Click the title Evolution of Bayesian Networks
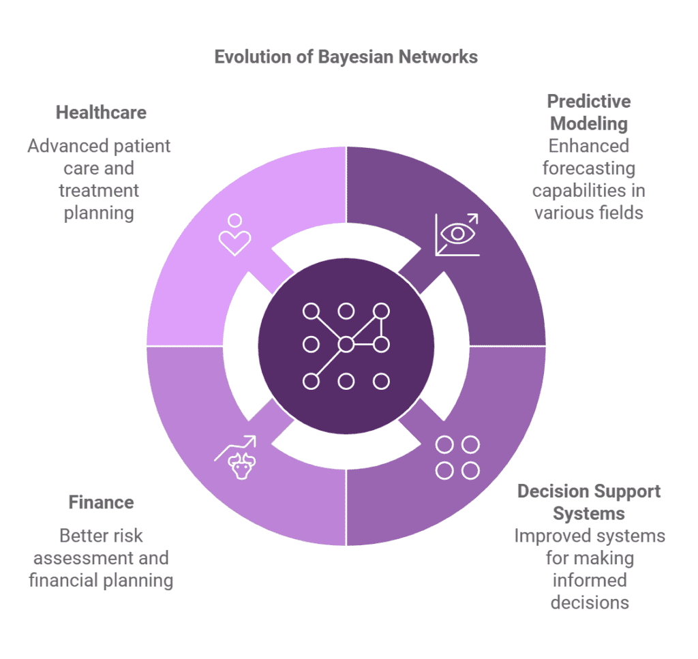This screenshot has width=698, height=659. [346, 57]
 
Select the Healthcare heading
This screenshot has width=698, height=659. [101, 112]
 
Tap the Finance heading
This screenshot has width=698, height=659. [101, 503]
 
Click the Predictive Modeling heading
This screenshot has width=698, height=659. [589, 112]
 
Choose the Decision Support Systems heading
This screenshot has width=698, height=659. [589, 502]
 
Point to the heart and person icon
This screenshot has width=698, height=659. [234, 235]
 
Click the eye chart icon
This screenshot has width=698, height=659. [457, 234]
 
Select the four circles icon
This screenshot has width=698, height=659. [457, 457]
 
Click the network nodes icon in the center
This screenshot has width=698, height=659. [346, 346]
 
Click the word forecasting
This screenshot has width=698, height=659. [589, 168]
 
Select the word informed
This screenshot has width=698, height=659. [589, 581]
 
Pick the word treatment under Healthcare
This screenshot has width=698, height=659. [99, 191]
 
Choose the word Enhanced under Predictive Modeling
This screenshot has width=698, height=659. [589, 146]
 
